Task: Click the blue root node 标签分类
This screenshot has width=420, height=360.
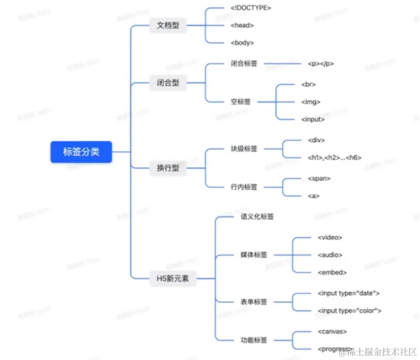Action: (x=81, y=152)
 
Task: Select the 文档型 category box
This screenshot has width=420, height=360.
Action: (x=168, y=26)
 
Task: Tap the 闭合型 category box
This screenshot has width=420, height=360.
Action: (x=168, y=83)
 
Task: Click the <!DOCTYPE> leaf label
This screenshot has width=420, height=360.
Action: (x=251, y=7)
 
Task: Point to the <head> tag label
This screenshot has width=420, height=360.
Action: (x=242, y=25)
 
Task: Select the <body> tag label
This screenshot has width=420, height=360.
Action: (x=242, y=43)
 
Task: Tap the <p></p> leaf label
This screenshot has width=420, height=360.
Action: (x=320, y=63)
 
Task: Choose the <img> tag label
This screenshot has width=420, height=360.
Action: (x=311, y=101)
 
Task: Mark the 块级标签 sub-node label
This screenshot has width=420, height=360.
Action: (x=244, y=148)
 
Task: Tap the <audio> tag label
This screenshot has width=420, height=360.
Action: (x=330, y=255)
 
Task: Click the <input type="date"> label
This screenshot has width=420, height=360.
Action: (x=348, y=293)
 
